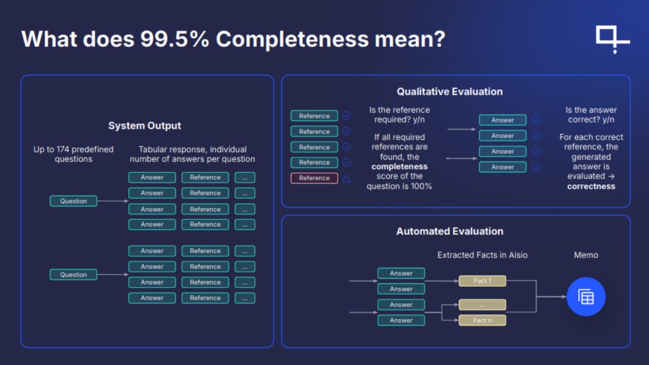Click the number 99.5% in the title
[x=174, y=39]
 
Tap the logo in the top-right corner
[x=612, y=39]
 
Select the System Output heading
[x=144, y=125]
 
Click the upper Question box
[x=74, y=201]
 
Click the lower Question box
[x=74, y=275]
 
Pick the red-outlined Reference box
[x=314, y=178]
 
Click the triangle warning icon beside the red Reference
[x=346, y=178]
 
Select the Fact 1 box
[x=482, y=281]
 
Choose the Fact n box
[x=482, y=320]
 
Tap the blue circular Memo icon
[x=586, y=297]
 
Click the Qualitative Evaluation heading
[x=450, y=92]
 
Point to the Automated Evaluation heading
[x=450, y=231]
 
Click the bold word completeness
[x=400, y=167]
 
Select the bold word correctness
[x=591, y=186]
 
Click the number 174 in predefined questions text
[x=63, y=149]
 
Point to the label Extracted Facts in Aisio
[x=482, y=255]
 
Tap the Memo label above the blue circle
[x=586, y=255]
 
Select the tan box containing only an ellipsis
[x=482, y=305]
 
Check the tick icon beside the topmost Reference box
[x=346, y=115]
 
